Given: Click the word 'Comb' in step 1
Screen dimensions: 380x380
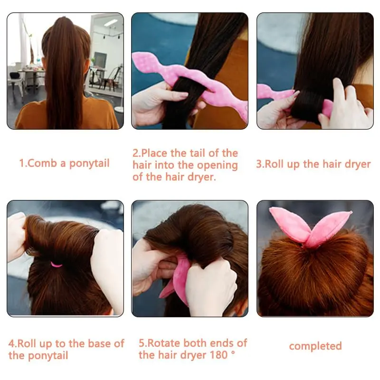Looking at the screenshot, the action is coord(42,163).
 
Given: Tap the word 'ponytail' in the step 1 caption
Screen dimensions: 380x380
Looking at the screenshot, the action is coord(89,164).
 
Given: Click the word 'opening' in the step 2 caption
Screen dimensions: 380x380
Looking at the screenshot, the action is coord(217,166).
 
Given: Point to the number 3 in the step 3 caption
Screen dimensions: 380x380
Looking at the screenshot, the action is coord(259,164).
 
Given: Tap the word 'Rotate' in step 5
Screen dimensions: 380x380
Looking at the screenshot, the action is coord(163,343).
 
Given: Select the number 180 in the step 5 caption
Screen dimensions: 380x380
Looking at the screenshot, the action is coord(218,355).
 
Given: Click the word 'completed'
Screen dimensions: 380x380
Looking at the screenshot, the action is coord(315,346).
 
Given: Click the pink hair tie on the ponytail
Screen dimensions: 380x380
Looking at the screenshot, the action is coord(57,264).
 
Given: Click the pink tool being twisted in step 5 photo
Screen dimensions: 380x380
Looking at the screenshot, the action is coord(176,279).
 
